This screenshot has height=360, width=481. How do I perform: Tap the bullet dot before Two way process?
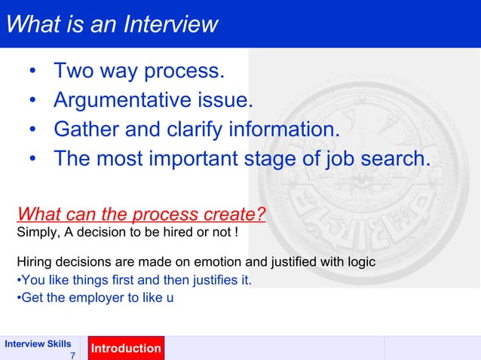coord(32,72)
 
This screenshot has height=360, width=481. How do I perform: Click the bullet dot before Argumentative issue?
coord(32,101)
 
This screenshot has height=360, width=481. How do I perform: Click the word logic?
coord(360,263)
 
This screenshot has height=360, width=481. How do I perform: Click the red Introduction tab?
coord(126,349)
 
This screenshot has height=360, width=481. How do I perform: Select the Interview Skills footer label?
coord(38,343)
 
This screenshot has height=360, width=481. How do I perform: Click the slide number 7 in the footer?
coord(72,355)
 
